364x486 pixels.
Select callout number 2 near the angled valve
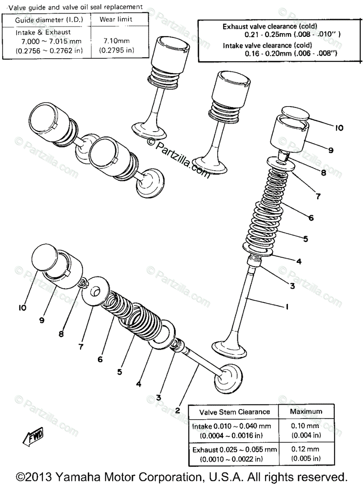click(177, 410)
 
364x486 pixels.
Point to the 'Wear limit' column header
click(116, 19)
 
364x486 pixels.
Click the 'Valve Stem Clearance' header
click(235, 411)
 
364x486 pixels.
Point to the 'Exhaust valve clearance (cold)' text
click(270, 26)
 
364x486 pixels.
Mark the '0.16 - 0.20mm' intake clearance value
click(269, 53)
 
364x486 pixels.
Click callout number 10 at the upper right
click(339, 128)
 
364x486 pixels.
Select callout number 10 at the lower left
click(22, 308)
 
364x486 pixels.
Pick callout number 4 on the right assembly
click(298, 262)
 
